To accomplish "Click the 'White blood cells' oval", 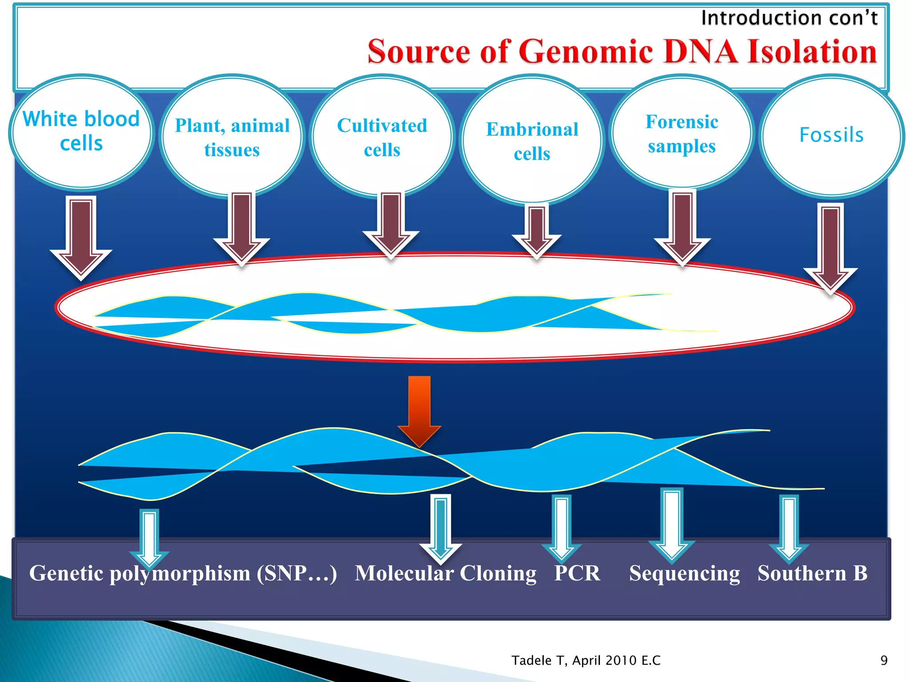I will [x=81, y=132].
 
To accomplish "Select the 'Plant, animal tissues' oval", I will [x=232, y=137].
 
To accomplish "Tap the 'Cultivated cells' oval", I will [x=382, y=137].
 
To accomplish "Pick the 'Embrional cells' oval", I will [x=532, y=141].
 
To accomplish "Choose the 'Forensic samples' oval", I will [x=682, y=133].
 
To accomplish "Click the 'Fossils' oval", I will [x=831, y=135].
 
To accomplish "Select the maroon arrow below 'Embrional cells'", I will [x=537, y=231].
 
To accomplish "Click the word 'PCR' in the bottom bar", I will [x=577, y=573].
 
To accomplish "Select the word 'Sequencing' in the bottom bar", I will [x=684, y=573].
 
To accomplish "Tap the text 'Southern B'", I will [x=812, y=573].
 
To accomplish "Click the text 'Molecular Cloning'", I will [x=445, y=573].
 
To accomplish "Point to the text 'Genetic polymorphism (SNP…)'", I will [x=183, y=573].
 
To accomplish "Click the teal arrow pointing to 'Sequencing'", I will [x=671, y=524].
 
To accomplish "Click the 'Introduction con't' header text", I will [x=789, y=18].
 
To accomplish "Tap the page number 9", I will [x=884, y=660].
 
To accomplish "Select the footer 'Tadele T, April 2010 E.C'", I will [x=586, y=660].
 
